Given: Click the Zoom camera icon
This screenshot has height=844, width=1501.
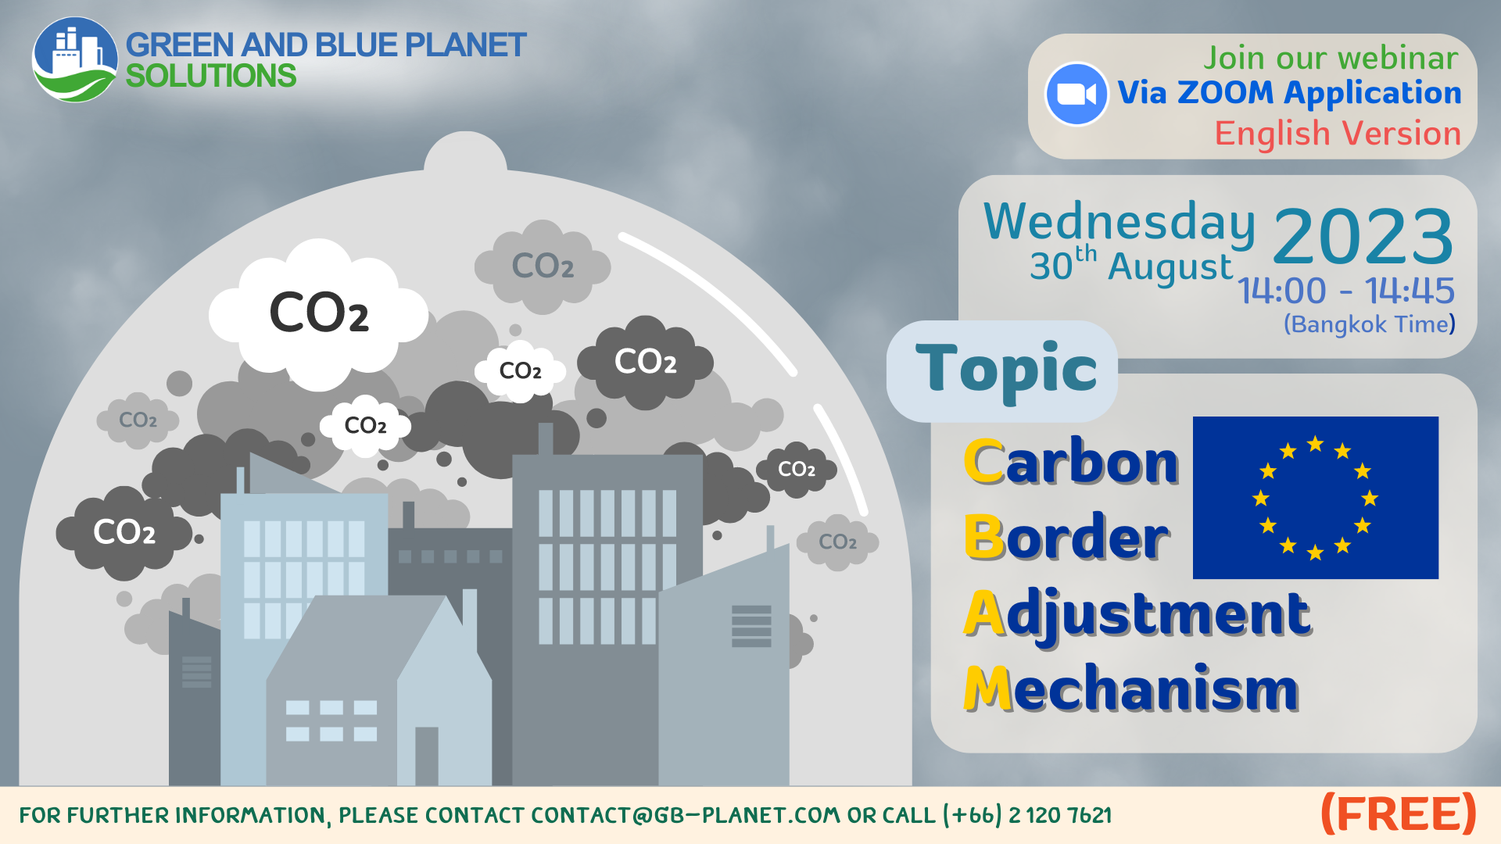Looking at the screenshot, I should tap(1076, 94).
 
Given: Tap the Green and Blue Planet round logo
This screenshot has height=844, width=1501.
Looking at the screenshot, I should tap(74, 60).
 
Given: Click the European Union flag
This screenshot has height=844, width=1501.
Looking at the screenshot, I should tap(1315, 498).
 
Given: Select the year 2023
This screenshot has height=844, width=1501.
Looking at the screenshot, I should tap(1363, 236).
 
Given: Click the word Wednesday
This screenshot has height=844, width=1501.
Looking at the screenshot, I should tap(1119, 221).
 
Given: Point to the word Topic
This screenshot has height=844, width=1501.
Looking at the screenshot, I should tap(1006, 369).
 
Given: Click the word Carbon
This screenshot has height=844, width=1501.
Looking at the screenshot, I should tap(1071, 462).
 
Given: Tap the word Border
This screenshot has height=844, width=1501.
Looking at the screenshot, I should tap(1066, 537).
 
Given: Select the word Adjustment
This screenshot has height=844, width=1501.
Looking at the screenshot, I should tap(1137, 613).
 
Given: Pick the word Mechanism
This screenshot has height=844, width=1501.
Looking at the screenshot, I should tap(1130, 688).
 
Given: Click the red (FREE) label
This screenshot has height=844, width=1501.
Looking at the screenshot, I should tap(1398, 814).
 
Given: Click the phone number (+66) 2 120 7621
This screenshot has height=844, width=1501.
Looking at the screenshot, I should tap(1027, 816).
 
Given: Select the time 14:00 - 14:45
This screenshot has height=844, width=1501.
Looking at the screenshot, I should tap(1345, 291).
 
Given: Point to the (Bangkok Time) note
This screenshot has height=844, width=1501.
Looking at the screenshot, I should tap(1369, 324).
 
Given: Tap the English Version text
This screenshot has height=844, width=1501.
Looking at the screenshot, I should tap(1338, 134).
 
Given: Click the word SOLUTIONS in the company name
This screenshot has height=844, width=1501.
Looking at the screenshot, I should tap(211, 77).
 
